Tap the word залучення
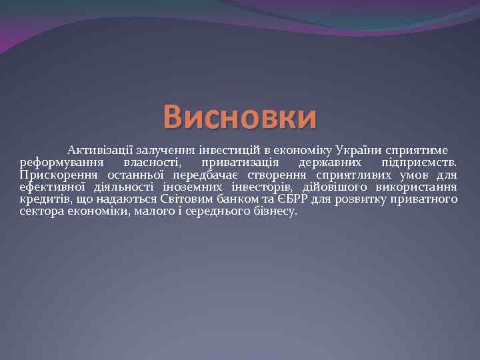tap(164, 150)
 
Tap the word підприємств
tap(419, 163)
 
